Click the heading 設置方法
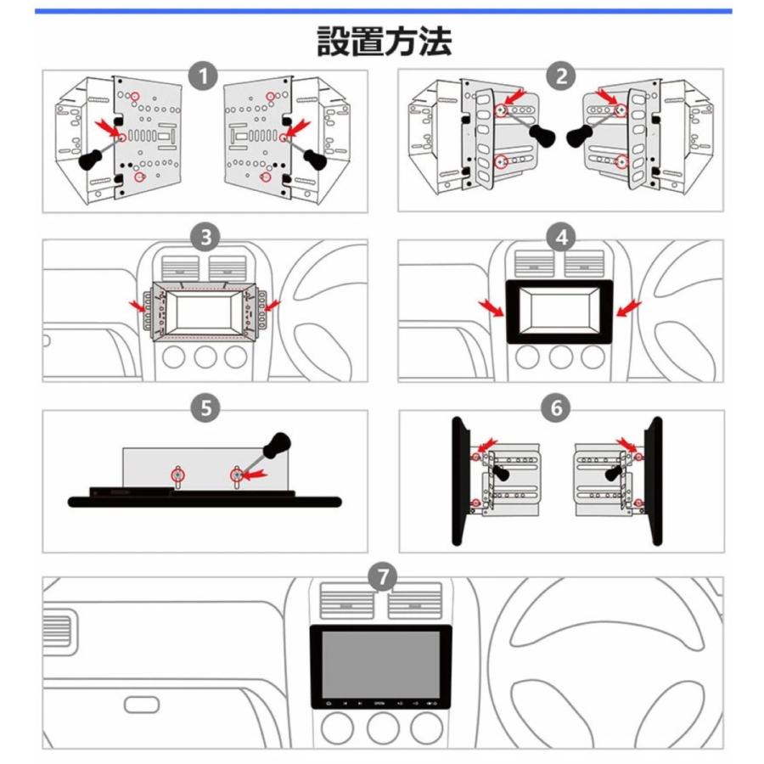tap(384, 41)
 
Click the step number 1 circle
tap(203, 78)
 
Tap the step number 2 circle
tap(560, 78)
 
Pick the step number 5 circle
tap(205, 408)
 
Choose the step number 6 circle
tap(556, 408)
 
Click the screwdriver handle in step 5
tap(277, 445)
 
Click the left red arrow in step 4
tap(491, 308)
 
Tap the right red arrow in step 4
tap(629, 308)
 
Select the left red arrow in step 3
tap(136, 304)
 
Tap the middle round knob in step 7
tap(382, 727)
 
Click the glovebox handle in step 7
tap(141, 705)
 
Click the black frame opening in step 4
tap(559, 311)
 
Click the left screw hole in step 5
tap(178, 475)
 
